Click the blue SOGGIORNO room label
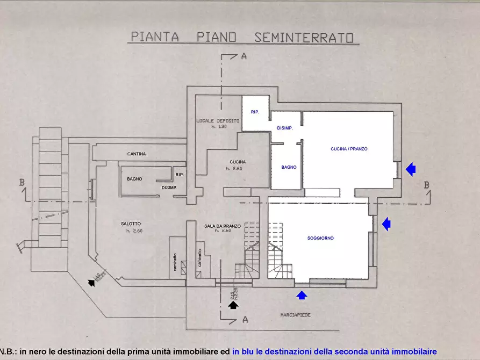[x=320, y=237]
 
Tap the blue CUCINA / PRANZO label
[x=349, y=149]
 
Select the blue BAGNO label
[x=289, y=167]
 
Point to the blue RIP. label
[x=255, y=112]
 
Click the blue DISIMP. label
[x=284, y=128]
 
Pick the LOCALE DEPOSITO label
[x=218, y=121]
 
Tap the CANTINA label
[x=137, y=154]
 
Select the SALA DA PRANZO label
[x=222, y=226]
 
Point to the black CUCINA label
[x=237, y=162]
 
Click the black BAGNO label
[x=134, y=179]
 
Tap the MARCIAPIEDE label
[x=295, y=314]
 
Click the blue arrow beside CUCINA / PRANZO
[x=411, y=169]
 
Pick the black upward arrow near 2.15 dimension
[x=233, y=305]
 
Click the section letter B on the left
[x=22, y=183]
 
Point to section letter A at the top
[x=243, y=56]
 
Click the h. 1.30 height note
[x=218, y=127]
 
